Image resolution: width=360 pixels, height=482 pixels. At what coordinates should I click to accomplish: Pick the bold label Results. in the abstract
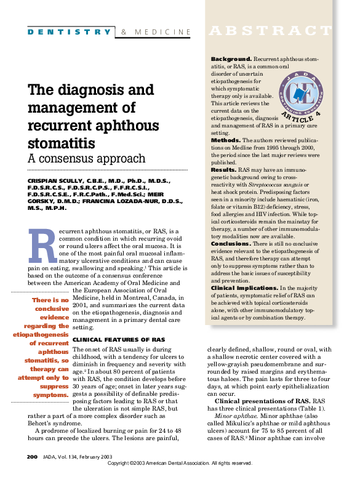click(224, 169)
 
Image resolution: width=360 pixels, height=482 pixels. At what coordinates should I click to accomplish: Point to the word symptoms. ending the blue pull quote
click(50, 394)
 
